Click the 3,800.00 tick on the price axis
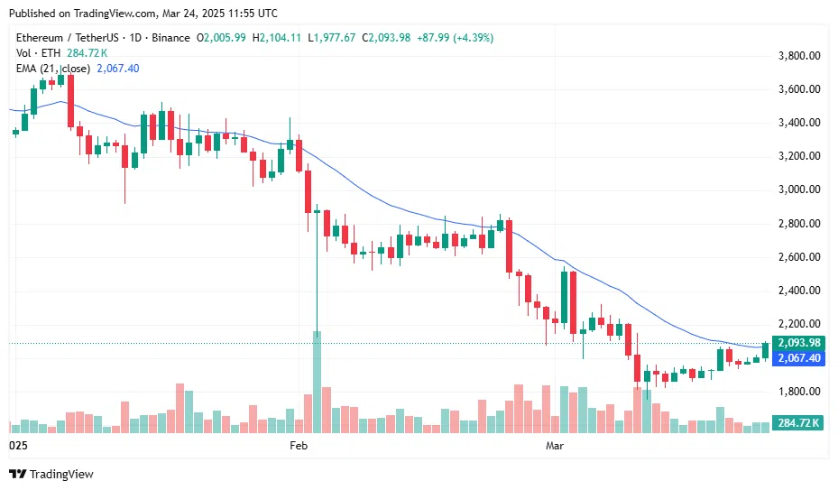click(x=798, y=56)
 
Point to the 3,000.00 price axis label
click(x=798, y=190)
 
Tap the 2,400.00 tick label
click(x=798, y=291)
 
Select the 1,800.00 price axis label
click(x=798, y=392)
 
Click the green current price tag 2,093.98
click(x=798, y=343)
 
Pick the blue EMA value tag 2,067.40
click(x=798, y=358)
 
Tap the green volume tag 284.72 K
click(x=798, y=423)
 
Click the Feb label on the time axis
click(x=299, y=446)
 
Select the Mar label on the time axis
click(x=555, y=446)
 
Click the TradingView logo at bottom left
click(x=51, y=475)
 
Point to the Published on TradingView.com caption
click(x=144, y=14)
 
